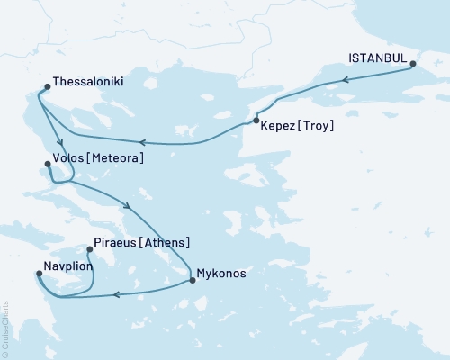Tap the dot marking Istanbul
click(x=413, y=64)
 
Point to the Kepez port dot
click(x=256, y=121)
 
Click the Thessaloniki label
click(x=88, y=81)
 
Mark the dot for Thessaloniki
click(x=46, y=88)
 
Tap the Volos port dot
click(x=48, y=164)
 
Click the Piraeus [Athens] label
click(x=141, y=243)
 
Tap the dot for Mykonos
click(x=192, y=280)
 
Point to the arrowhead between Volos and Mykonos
click(x=132, y=207)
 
